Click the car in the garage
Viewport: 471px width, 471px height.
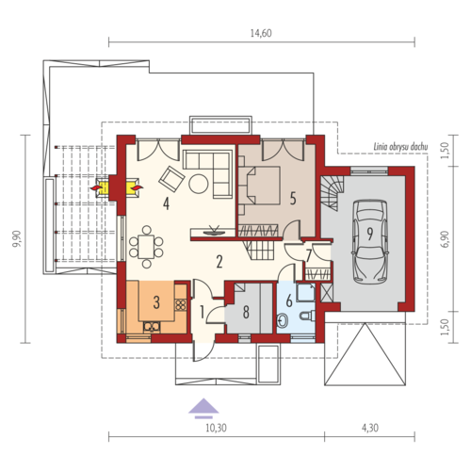[x=370, y=242]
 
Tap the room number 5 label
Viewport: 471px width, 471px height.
[x=293, y=199]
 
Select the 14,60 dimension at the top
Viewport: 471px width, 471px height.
[x=261, y=33]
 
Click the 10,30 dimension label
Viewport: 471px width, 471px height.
[x=216, y=428]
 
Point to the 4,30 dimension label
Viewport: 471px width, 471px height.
[x=370, y=428]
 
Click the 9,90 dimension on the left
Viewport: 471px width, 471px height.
[x=17, y=238]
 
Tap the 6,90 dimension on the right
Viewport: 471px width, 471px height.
[x=445, y=239]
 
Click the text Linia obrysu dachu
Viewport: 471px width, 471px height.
[x=400, y=147]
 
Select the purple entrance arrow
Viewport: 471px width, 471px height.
[x=203, y=408]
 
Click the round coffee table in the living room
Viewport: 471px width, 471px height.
[x=199, y=184]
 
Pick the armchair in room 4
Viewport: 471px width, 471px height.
[x=171, y=179]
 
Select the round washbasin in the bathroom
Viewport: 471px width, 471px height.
[x=284, y=320]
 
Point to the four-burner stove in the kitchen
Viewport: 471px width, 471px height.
[x=181, y=305]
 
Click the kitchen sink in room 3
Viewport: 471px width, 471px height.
[x=152, y=327]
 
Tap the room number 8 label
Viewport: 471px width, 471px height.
[x=246, y=312]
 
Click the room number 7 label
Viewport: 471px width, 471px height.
[x=309, y=256]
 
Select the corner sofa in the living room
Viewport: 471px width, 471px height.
[x=208, y=173]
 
